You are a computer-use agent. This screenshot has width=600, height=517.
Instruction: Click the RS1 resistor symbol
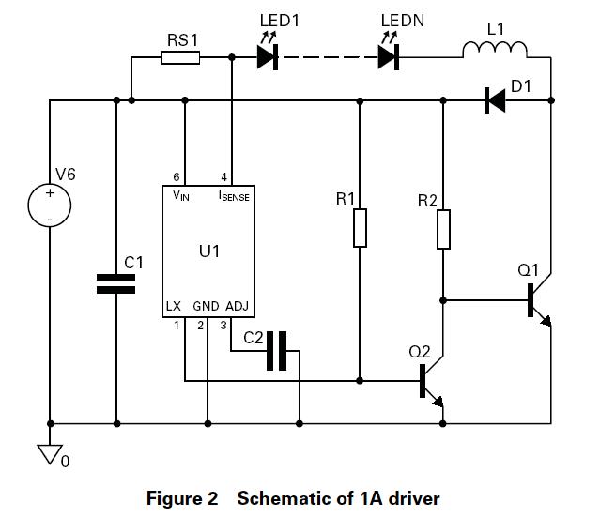pos(179,58)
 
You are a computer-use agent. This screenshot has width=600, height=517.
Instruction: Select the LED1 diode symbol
pos(269,56)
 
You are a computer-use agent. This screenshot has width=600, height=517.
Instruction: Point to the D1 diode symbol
pos(494,100)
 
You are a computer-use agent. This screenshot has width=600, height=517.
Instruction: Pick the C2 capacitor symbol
pos(276,351)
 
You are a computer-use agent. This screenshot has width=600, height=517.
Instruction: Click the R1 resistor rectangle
pos(360,228)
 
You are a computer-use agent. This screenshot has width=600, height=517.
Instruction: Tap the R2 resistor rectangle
pos(443,229)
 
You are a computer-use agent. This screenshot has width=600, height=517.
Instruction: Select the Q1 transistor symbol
pos(536,301)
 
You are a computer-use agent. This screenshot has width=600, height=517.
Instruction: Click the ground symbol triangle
pos(50,453)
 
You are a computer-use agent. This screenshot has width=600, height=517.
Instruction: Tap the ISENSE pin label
pos(234,195)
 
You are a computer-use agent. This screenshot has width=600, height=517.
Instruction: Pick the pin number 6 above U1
pos(176,177)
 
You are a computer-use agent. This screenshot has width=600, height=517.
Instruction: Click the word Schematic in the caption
pos(277,498)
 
